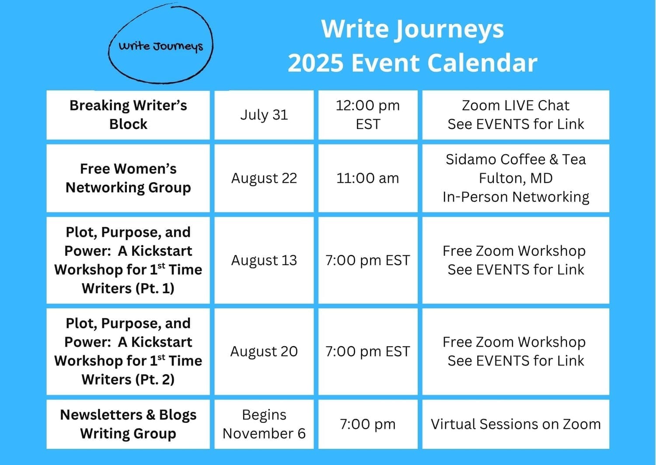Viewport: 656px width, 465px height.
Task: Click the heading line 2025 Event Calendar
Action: (x=412, y=63)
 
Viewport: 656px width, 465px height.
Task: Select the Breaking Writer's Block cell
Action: (x=128, y=115)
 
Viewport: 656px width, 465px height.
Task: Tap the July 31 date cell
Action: (x=264, y=115)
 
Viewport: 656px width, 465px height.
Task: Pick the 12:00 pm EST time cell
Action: (x=368, y=115)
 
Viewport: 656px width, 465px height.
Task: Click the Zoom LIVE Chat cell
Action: (x=516, y=115)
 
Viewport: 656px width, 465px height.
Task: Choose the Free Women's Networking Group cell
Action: (x=128, y=178)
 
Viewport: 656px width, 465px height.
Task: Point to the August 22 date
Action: (x=264, y=178)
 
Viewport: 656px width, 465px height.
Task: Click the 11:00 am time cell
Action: (x=368, y=178)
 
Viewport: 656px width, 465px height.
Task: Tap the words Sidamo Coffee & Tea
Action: (x=516, y=160)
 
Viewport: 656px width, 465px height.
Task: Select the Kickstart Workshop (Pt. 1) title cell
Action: (x=128, y=260)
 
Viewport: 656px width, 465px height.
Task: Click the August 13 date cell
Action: (x=264, y=260)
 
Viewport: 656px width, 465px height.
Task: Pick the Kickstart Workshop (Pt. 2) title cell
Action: (x=128, y=351)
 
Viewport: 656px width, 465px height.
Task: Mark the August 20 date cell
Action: (x=264, y=351)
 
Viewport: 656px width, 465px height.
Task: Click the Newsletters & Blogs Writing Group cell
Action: (x=128, y=424)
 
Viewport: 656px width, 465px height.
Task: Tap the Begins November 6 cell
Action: (x=264, y=424)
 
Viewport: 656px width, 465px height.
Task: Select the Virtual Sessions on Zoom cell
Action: (x=516, y=424)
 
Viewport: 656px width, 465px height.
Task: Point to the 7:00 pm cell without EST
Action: (x=368, y=424)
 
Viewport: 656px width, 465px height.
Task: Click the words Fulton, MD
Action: (x=516, y=178)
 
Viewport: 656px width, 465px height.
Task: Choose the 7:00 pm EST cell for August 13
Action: (x=368, y=260)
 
